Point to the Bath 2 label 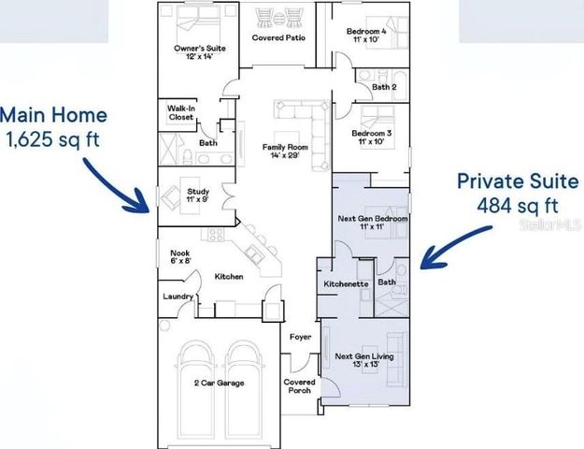pos(385,87)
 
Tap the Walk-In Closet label pos(181,113)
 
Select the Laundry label pos(178,297)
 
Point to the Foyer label pos(300,337)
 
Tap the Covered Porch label pos(300,385)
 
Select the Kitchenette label pos(347,282)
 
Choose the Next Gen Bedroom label pos(372,223)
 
